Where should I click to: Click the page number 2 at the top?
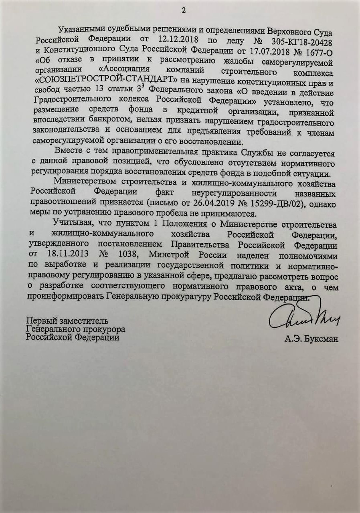(x=184, y=10)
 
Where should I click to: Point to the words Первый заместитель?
(x=67, y=321)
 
